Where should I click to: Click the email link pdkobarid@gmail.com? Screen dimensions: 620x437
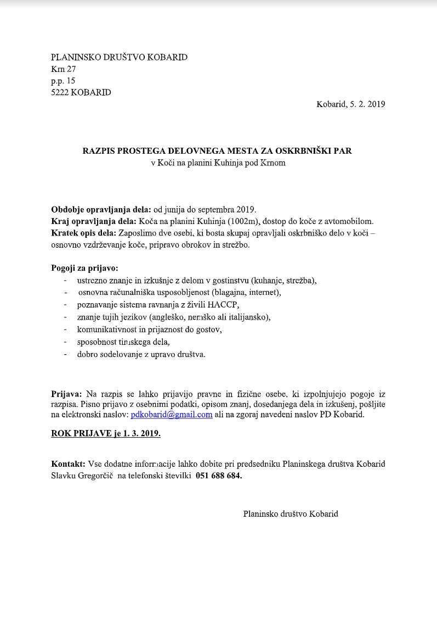click(171, 415)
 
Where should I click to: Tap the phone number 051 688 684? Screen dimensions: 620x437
click(218, 476)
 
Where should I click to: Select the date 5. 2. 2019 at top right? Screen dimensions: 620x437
click(367, 104)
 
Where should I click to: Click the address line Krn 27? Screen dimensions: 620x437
click(63, 69)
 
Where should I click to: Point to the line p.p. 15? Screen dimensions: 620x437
click(63, 81)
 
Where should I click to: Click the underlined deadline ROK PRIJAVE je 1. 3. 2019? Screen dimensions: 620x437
click(106, 433)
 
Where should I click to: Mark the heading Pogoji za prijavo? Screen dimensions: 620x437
click(81, 269)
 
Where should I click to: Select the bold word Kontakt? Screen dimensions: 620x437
click(68, 463)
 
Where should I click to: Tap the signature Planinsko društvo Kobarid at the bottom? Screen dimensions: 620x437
click(291, 514)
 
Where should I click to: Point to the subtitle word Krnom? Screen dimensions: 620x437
click(274, 163)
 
